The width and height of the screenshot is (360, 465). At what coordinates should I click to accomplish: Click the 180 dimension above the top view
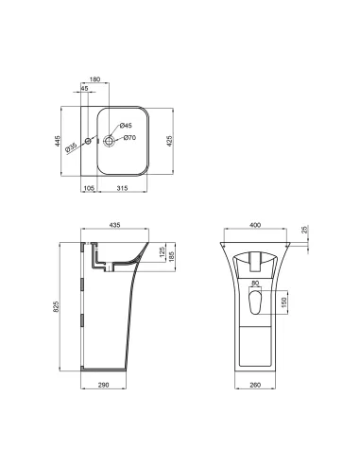coord(94,80)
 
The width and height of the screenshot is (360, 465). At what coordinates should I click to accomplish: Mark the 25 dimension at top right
coord(305,229)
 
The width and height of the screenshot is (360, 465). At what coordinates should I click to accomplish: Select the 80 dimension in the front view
coord(255,284)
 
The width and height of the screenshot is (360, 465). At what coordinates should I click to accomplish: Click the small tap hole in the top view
coord(87,141)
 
